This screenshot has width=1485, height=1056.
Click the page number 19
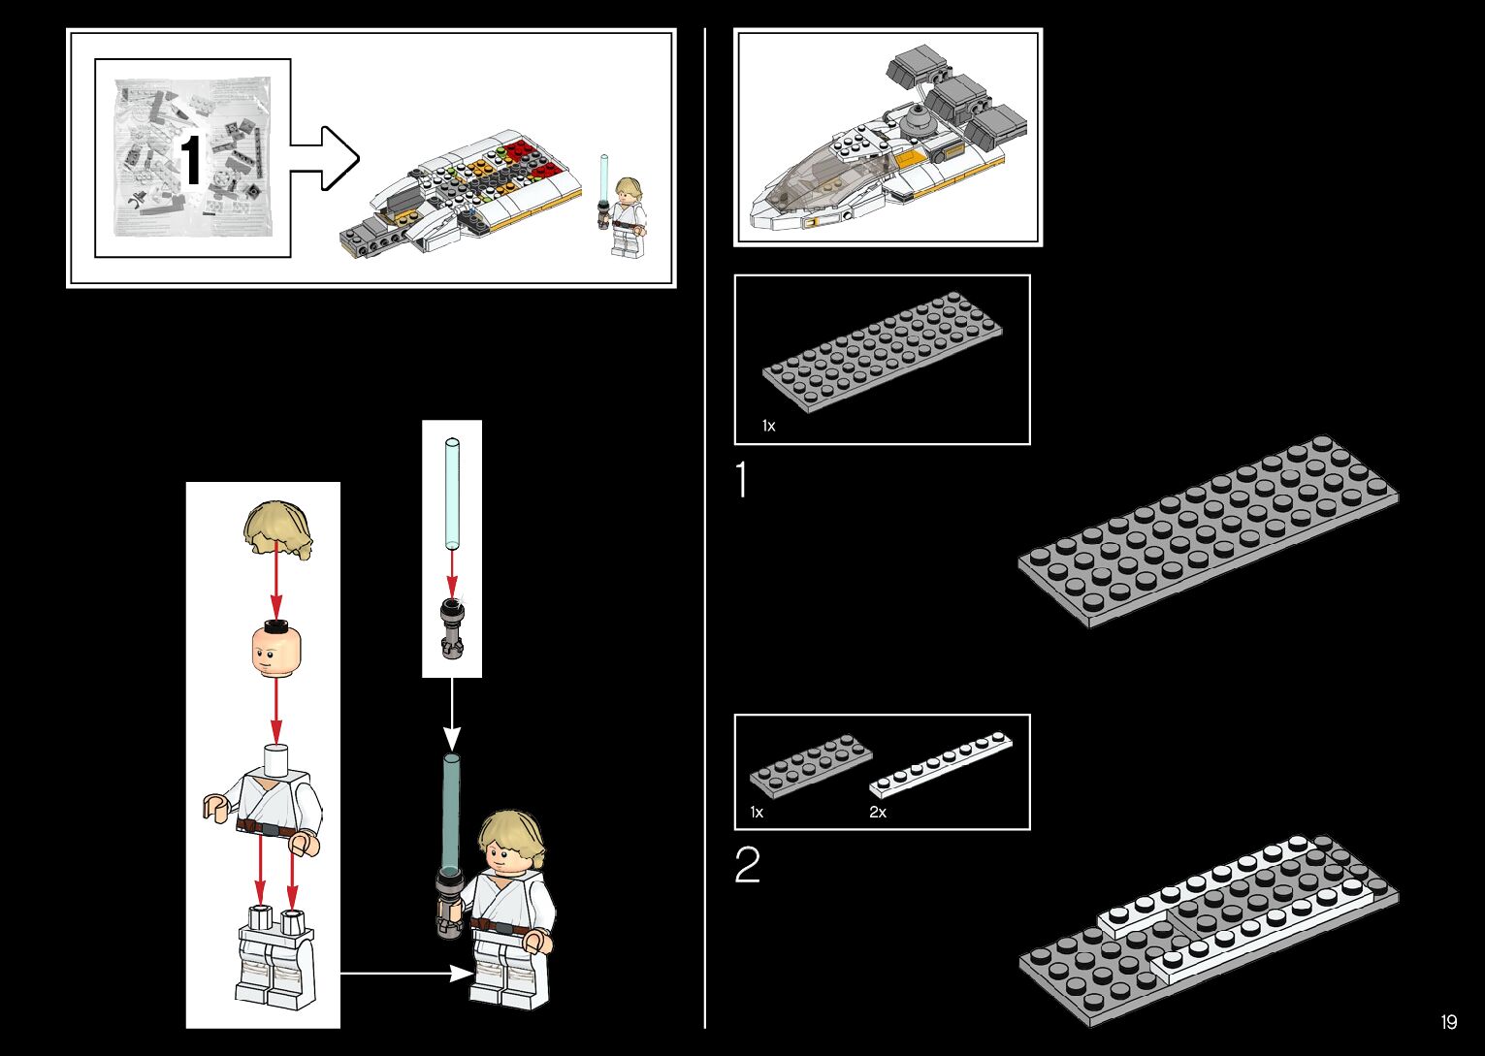(1448, 1022)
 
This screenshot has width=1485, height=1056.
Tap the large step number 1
(742, 481)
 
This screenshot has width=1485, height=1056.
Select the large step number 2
(747, 865)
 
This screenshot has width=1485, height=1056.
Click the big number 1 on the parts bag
(191, 161)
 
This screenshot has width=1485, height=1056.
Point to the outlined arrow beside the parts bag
(326, 158)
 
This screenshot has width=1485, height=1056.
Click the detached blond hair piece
(277, 529)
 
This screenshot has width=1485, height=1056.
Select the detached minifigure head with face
(276, 651)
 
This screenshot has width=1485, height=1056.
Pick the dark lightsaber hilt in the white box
(452, 628)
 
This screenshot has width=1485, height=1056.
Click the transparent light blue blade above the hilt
(452, 494)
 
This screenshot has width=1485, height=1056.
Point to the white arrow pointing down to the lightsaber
(452, 713)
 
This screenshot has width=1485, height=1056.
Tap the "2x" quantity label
(878, 813)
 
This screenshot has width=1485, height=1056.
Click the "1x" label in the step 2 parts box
(757, 813)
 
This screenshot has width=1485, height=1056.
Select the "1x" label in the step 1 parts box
(768, 426)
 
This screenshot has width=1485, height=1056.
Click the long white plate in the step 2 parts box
(940, 765)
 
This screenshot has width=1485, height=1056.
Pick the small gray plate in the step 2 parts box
(810, 765)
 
